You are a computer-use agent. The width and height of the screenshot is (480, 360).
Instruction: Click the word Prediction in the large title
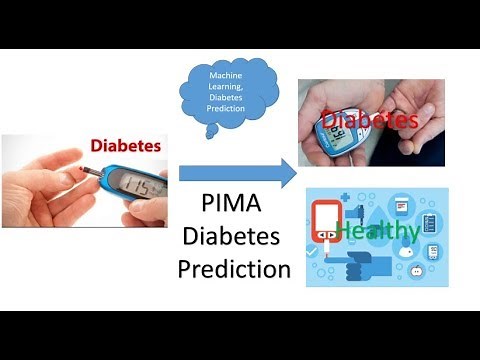click(234, 268)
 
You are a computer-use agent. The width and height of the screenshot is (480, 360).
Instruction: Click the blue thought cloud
click(233, 99)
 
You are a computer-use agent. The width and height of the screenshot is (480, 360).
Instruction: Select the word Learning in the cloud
click(233, 89)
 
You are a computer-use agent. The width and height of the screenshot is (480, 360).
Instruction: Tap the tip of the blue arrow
click(294, 172)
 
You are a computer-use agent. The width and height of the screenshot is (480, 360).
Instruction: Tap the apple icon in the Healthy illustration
click(416, 269)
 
